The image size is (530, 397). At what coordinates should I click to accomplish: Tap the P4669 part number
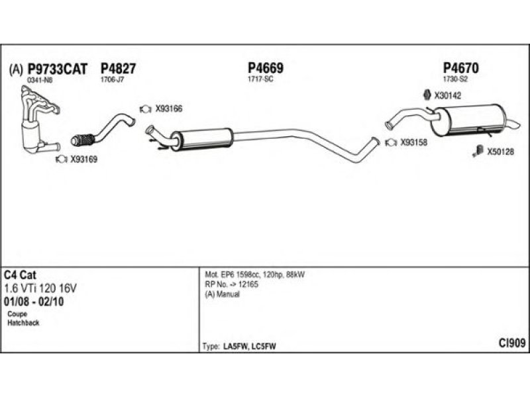pos(266,68)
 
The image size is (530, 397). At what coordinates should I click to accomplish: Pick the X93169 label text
pos(84,159)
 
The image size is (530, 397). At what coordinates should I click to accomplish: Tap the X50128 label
pos(501,152)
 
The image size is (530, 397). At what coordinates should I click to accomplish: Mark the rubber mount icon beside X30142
pos(426,95)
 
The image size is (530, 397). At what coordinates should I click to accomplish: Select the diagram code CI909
pos(512,343)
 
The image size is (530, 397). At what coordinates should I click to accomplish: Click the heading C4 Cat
pos(21,274)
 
